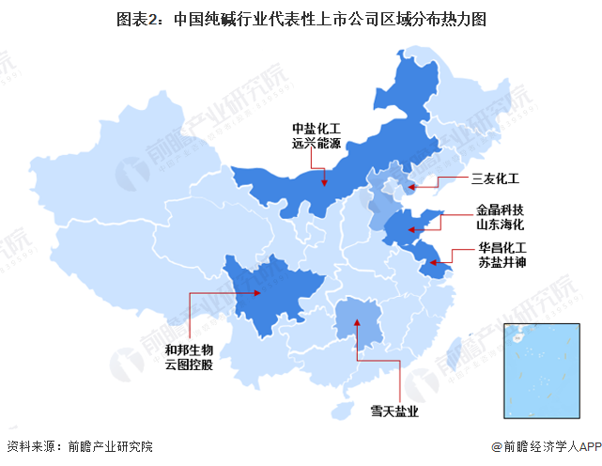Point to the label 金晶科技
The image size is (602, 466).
(x=499, y=211)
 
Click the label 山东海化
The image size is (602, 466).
(x=499, y=226)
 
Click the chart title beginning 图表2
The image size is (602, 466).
(x=301, y=18)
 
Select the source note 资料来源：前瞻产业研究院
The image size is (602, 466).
(x=79, y=446)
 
